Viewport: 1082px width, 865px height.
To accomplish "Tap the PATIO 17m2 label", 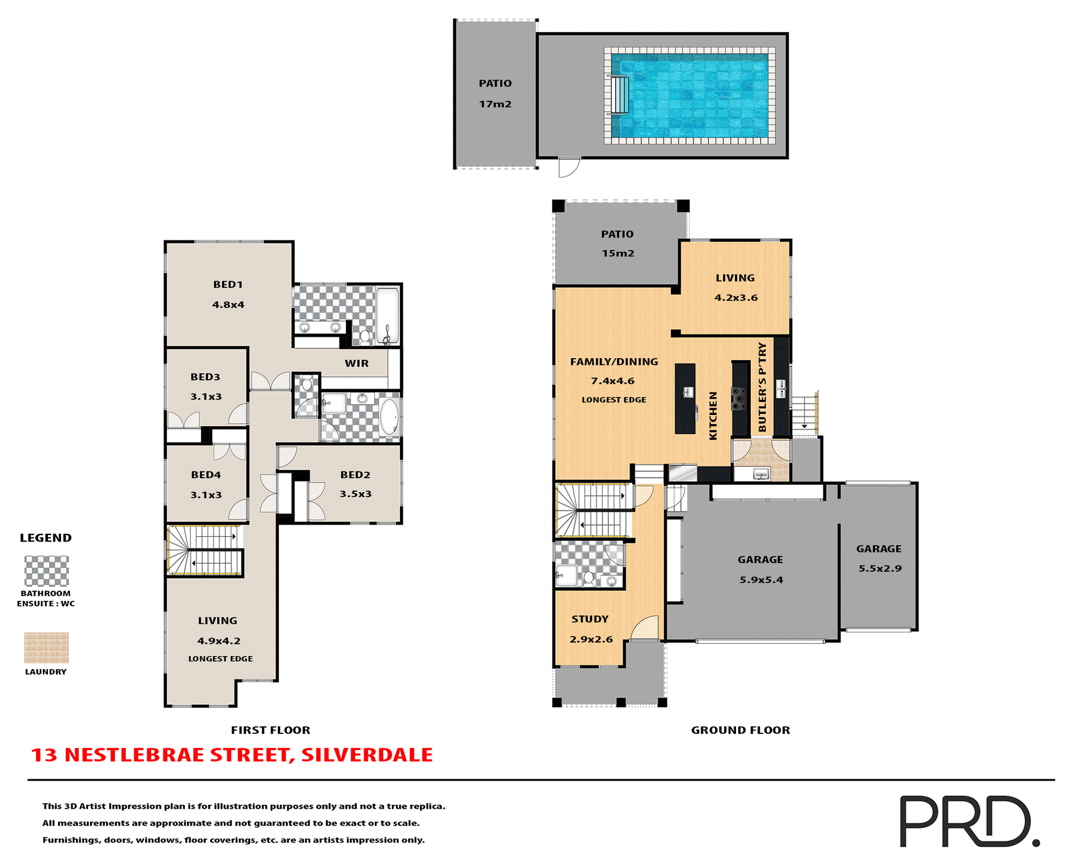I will pos(495,93).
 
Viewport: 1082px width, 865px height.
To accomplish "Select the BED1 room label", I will pos(228,284).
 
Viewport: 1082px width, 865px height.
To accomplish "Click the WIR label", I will pos(356,363).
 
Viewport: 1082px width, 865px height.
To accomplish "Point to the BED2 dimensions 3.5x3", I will pos(355,494).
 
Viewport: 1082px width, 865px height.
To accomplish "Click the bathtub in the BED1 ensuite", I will pos(387,315).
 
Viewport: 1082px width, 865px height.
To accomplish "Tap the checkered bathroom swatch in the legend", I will pos(46,571).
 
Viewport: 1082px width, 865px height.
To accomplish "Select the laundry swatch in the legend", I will pos(46,648).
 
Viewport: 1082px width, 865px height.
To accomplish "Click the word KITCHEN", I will pos(713,416).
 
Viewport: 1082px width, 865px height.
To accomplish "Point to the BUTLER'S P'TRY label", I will pos(762,387).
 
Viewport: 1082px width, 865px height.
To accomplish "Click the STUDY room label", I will pos(589,619).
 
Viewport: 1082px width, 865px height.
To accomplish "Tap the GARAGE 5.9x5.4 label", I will pos(760,569).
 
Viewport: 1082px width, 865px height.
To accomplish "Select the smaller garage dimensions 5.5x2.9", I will pos(880,568).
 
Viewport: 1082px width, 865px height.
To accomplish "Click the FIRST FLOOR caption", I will pos(270,730).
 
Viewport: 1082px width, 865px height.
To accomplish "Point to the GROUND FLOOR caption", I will pos(740,730).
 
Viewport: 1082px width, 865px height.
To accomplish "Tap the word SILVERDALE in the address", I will pos(367,755).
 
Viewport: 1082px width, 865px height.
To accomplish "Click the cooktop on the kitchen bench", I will pos(738,398).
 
